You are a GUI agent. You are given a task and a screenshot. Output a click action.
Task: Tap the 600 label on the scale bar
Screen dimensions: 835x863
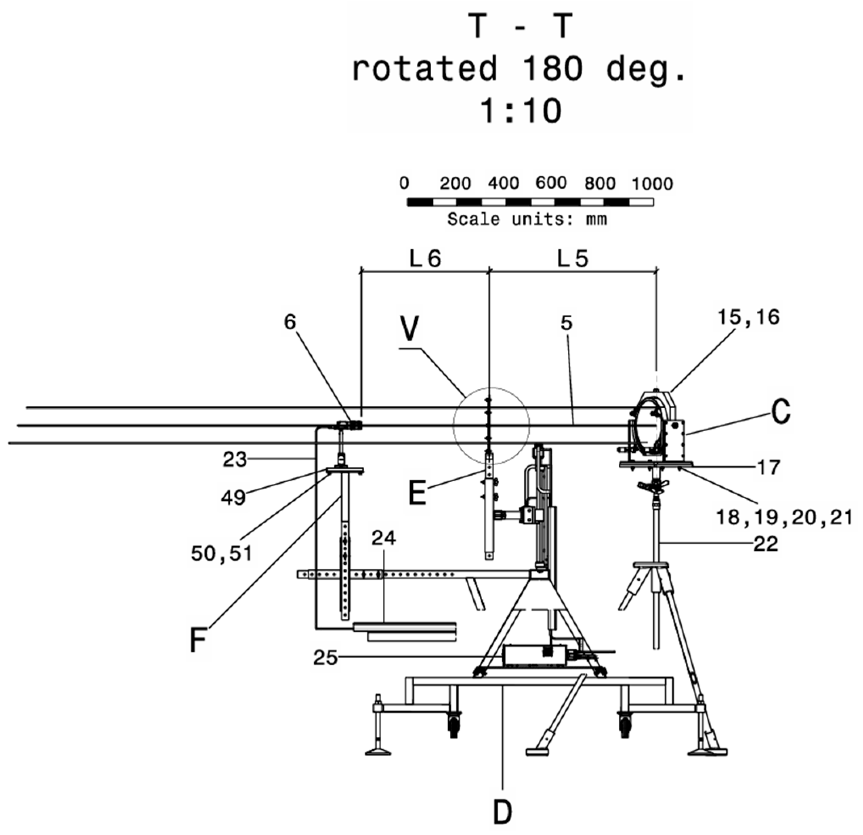click(x=551, y=183)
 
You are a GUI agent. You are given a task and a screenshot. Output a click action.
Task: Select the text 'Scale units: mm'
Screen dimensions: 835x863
click(x=527, y=219)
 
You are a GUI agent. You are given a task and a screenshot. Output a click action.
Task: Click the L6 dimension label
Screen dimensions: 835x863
click(x=425, y=259)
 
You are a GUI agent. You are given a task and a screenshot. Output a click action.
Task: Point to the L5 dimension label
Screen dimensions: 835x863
click(x=572, y=259)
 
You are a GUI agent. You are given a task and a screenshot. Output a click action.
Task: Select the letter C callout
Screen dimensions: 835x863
click(x=781, y=412)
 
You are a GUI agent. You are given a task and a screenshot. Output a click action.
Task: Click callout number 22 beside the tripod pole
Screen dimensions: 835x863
click(x=766, y=544)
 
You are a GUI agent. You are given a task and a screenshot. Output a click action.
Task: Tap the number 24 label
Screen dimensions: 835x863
click(x=384, y=538)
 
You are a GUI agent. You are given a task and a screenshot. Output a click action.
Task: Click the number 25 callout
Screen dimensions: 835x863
click(x=325, y=658)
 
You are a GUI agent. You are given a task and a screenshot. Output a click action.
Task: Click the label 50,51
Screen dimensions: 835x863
click(x=221, y=554)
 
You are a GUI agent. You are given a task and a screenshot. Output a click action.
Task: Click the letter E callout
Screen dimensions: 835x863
click(x=418, y=493)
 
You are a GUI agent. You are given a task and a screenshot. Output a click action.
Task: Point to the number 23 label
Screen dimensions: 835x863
click(x=235, y=460)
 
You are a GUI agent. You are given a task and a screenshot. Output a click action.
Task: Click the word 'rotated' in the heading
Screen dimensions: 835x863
click(x=424, y=68)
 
